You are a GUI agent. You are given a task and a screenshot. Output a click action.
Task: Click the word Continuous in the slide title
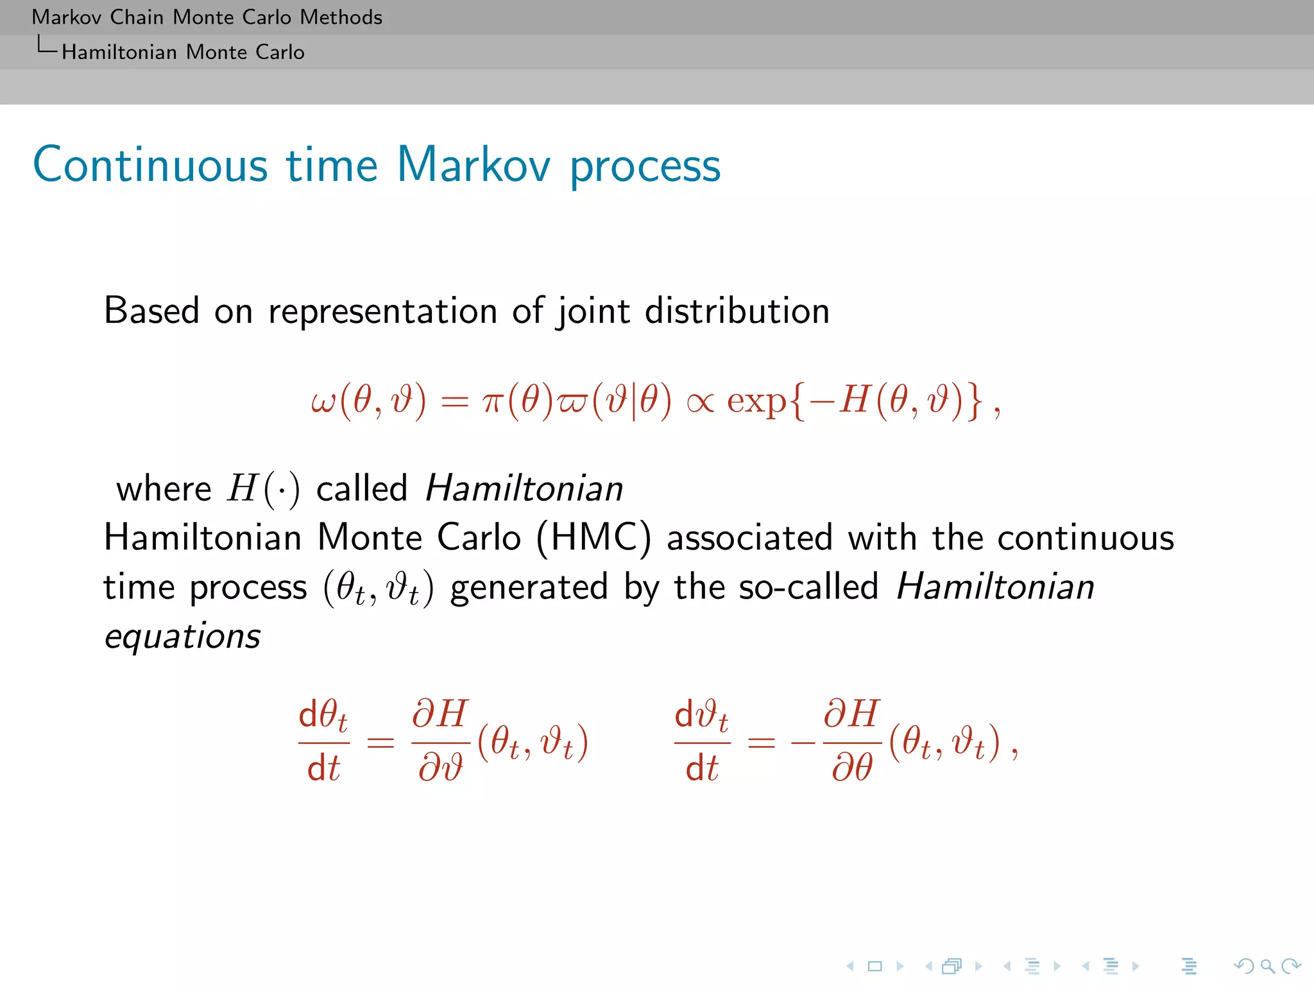[x=150, y=165]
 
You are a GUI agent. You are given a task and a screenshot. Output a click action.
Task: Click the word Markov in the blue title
[x=474, y=165]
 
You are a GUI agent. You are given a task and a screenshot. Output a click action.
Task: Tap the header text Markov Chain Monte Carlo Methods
[x=207, y=17]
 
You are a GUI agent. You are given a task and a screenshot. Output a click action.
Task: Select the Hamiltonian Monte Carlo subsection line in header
[x=183, y=52]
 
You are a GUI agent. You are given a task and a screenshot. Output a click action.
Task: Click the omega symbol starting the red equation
[x=323, y=401]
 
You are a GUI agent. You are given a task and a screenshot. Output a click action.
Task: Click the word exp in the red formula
[x=756, y=402]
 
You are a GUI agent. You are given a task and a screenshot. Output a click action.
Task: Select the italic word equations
[x=183, y=636]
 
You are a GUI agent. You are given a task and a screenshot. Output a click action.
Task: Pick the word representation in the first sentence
[x=382, y=311]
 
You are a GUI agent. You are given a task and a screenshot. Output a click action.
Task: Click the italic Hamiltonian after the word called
[x=524, y=489]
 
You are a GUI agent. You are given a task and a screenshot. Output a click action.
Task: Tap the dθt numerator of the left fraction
[x=323, y=714]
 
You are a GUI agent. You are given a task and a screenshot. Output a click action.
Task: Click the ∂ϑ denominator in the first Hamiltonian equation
[x=440, y=767]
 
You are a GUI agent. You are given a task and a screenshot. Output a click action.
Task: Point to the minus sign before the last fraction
[x=803, y=743]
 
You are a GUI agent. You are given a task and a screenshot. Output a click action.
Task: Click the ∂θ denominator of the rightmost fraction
[x=852, y=767]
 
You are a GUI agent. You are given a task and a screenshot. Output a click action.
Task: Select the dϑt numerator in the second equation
[x=701, y=714]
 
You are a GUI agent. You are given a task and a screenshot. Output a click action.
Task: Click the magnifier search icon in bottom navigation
[x=1267, y=965]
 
